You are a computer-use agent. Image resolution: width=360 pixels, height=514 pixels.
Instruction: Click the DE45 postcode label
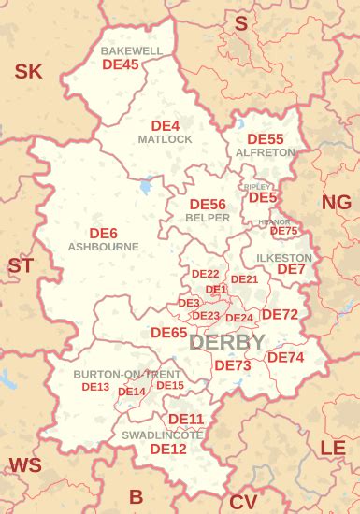[x=120, y=64]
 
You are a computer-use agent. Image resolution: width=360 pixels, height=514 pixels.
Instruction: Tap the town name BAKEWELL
[x=132, y=50]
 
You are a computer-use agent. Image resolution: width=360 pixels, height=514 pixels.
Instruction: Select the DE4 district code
[x=166, y=125]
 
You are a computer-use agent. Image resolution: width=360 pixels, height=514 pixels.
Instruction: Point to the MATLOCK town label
[x=165, y=139]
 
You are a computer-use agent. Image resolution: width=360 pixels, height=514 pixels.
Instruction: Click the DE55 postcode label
[x=266, y=138]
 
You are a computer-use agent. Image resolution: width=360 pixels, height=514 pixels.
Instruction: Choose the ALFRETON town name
[x=266, y=151]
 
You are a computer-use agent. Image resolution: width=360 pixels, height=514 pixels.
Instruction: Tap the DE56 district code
[x=208, y=204]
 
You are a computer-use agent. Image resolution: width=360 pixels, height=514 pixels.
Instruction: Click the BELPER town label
[x=208, y=217]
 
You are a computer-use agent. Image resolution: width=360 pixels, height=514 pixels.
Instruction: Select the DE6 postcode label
[x=103, y=233]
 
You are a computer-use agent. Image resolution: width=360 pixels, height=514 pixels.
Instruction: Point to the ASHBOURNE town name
[x=103, y=247]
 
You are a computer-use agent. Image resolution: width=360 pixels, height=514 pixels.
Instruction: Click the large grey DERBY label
[x=226, y=342]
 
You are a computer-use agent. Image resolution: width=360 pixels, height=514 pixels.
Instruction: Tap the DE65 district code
[x=169, y=332]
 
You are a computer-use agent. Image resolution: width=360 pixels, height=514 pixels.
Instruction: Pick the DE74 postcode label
[x=286, y=357]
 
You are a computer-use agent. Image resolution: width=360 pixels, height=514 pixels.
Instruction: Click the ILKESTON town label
[x=283, y=257]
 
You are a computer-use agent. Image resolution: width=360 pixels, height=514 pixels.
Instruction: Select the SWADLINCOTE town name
[x=163, y=435]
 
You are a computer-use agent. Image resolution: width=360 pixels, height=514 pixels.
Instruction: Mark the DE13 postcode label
[x=95, y=386]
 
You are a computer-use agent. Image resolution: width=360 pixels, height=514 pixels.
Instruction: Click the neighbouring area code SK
[x=28, y=70]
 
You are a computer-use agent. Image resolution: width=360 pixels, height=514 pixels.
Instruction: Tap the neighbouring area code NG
[x=337, y=203]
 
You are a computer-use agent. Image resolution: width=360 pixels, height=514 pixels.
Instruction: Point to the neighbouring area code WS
[x=25, y=464]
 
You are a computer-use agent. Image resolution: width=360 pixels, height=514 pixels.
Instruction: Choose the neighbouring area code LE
[x=333, y=448]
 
